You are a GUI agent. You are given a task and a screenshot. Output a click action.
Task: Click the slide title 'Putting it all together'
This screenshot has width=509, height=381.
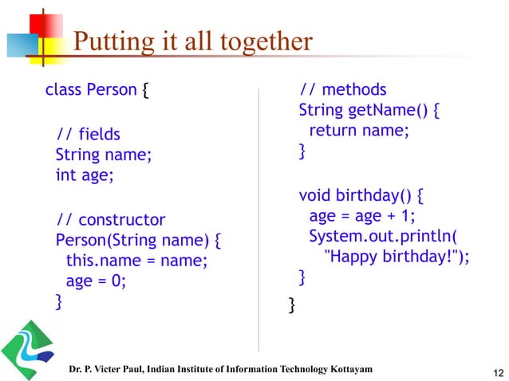point(192,41)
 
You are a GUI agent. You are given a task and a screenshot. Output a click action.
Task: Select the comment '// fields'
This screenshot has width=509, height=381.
point(88,132)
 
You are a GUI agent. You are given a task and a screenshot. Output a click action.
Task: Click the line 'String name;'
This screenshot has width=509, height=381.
point(102,154)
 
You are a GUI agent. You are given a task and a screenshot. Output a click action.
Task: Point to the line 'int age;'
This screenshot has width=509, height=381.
point(85,175)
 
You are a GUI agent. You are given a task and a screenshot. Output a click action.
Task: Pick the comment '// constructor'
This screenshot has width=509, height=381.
point(110,219)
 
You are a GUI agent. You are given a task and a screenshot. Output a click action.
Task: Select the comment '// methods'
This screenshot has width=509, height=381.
point(342,89)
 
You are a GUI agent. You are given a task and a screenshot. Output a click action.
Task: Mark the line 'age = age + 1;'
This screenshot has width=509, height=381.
point(362,216)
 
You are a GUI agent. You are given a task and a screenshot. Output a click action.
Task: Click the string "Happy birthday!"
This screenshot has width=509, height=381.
point(390,256)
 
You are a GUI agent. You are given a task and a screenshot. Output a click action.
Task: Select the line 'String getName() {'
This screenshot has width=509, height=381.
point(369,110)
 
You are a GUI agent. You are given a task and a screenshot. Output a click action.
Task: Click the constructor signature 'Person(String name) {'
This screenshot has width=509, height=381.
point(137,239)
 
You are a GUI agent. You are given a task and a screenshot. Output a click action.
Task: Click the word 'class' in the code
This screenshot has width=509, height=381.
point(63,89)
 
